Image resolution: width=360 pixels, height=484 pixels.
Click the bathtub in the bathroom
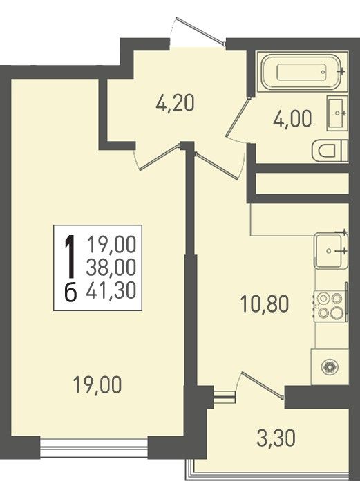pos(303,72)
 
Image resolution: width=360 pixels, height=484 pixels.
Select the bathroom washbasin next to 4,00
pos(337,113)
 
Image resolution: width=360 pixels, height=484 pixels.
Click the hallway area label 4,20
pos(176,103)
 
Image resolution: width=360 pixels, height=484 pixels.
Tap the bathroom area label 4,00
pos(292,119)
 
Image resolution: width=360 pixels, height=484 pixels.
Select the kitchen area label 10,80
pos(264,304)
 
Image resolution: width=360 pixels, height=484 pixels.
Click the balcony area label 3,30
pos(276,438)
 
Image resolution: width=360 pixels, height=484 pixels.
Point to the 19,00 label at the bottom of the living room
pos(97,385)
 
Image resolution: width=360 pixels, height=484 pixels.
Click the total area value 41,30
pos(111,290)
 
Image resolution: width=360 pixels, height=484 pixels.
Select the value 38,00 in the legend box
pos(111,267)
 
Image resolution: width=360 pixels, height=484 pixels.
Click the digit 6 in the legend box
pos(70,292)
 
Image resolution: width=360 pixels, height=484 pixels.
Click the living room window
pos(94,447)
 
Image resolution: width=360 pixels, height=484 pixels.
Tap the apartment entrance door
pos(200,32)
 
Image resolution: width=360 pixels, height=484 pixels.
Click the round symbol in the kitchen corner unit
pos(330,367)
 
